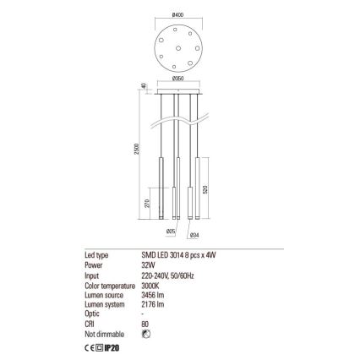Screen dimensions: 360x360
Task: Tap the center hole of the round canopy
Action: (x=180, y=46)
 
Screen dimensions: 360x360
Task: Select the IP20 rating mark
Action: (x=111, y=345)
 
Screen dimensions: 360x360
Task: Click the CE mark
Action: (x=90, y=345)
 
